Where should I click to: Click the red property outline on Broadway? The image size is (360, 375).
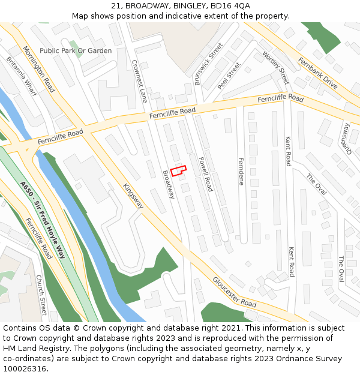coord(178,170)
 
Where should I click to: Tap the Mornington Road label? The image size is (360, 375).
coord(39,69)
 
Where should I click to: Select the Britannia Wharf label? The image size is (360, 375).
coord(22,77)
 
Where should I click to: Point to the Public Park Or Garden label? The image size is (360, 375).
coord(76,51)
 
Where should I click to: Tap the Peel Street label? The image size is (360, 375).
coord(229,76)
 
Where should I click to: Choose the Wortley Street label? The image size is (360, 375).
coord(275,66)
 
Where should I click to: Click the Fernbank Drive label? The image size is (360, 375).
coord(317,73)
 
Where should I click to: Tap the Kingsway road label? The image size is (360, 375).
coord(133,196)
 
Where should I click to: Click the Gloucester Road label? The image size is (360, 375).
coord(234,293)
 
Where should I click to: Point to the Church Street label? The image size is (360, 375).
coord(40,295)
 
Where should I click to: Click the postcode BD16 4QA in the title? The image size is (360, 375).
coord(230,5)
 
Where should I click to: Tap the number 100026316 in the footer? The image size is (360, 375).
coord(23,368)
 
